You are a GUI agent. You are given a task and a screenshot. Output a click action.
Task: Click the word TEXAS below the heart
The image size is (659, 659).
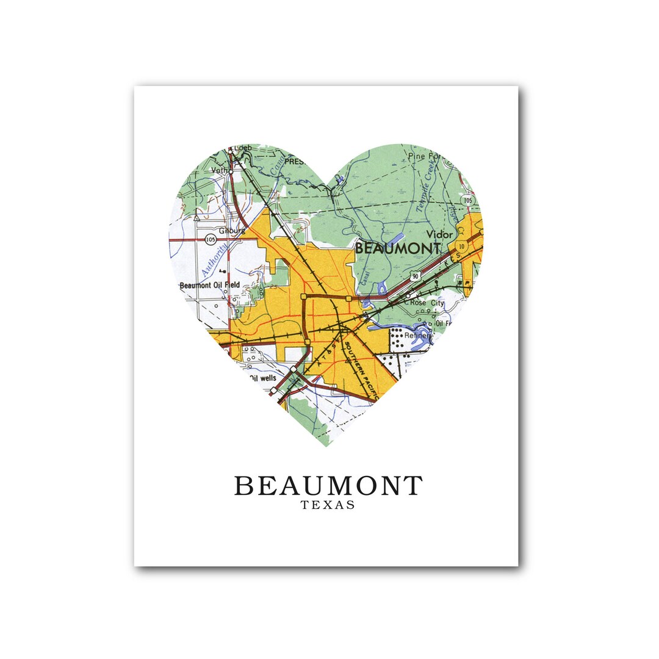pos(328,505)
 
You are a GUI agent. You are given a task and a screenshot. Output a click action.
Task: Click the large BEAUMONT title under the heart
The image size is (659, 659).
pos(328,486)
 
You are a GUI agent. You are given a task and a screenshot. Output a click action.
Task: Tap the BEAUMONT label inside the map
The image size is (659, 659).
pos(397,248)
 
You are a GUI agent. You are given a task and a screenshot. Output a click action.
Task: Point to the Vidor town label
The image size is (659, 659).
pos(440,234)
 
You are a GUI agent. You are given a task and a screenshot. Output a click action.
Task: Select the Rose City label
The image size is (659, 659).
pos(427,302)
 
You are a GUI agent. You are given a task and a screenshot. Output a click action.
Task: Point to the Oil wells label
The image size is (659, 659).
pos(263,378)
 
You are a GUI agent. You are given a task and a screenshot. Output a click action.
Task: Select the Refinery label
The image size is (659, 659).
pos(420,336)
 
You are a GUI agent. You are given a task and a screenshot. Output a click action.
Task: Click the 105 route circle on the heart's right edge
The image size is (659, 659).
pos(467,200)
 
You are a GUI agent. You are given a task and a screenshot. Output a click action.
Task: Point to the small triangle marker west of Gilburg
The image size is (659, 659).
pos(196,218)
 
